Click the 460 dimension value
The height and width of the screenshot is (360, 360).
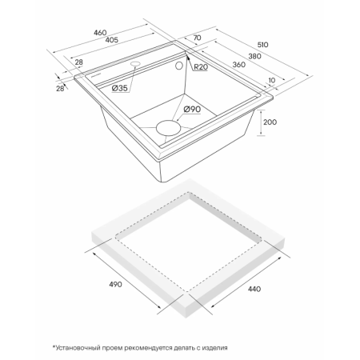click(x=100, y=33)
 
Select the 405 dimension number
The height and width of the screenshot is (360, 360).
click(x=112, y=40)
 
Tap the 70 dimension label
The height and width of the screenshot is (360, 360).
click(x=197, y=38)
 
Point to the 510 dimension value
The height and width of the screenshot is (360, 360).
click(x=262, y=45)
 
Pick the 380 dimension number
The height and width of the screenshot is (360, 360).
click(x=254, y=56)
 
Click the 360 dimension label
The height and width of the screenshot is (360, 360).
click(x=239, y=65)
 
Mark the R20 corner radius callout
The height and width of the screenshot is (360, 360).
click(x=201, y=66)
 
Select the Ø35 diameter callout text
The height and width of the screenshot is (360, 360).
click(x=120, y=88)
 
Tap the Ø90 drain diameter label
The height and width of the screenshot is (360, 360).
click(x=192, y=109)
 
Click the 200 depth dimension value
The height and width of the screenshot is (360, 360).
click(x=270, y=122)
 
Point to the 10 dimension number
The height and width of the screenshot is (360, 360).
click(x=272, y=80)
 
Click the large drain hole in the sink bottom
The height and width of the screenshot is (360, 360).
click(x=169, y=128)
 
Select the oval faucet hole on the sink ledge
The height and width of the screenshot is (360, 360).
click(x=135, y=64)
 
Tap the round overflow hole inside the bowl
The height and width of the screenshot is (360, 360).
click(x=179, y=66)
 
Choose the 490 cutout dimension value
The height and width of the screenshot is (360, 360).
click(x=115, y=284)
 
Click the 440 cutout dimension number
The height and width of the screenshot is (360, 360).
click(x=254, y=289)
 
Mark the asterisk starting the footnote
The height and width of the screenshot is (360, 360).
click(x=54, y=346)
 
